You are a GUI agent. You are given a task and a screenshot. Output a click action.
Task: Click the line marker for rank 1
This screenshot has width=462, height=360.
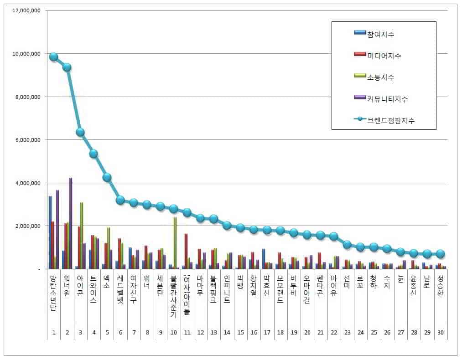click(x=54, y=57)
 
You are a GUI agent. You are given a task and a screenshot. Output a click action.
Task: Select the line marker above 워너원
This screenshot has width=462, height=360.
click(x=67, y=67)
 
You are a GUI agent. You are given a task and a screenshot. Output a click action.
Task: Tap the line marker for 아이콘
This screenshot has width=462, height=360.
click(x=80, y=132)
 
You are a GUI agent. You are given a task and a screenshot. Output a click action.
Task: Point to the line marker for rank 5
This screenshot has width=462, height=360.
click(x=107, y=177)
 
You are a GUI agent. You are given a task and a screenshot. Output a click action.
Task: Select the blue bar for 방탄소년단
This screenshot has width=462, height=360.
click(x=50, y=232)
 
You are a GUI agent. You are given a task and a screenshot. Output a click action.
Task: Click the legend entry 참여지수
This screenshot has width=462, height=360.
click(x=380, y=34)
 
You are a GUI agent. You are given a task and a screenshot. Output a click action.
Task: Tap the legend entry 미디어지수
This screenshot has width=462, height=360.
click(x=384, y=56)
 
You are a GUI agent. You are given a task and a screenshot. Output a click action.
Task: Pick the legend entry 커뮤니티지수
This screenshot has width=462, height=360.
click(x=387, y=98)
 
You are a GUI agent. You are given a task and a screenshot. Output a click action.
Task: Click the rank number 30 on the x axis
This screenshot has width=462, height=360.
click(x=441, y=332)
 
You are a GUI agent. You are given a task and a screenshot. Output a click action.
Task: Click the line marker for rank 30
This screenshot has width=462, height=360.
click(x=441, y=254)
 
